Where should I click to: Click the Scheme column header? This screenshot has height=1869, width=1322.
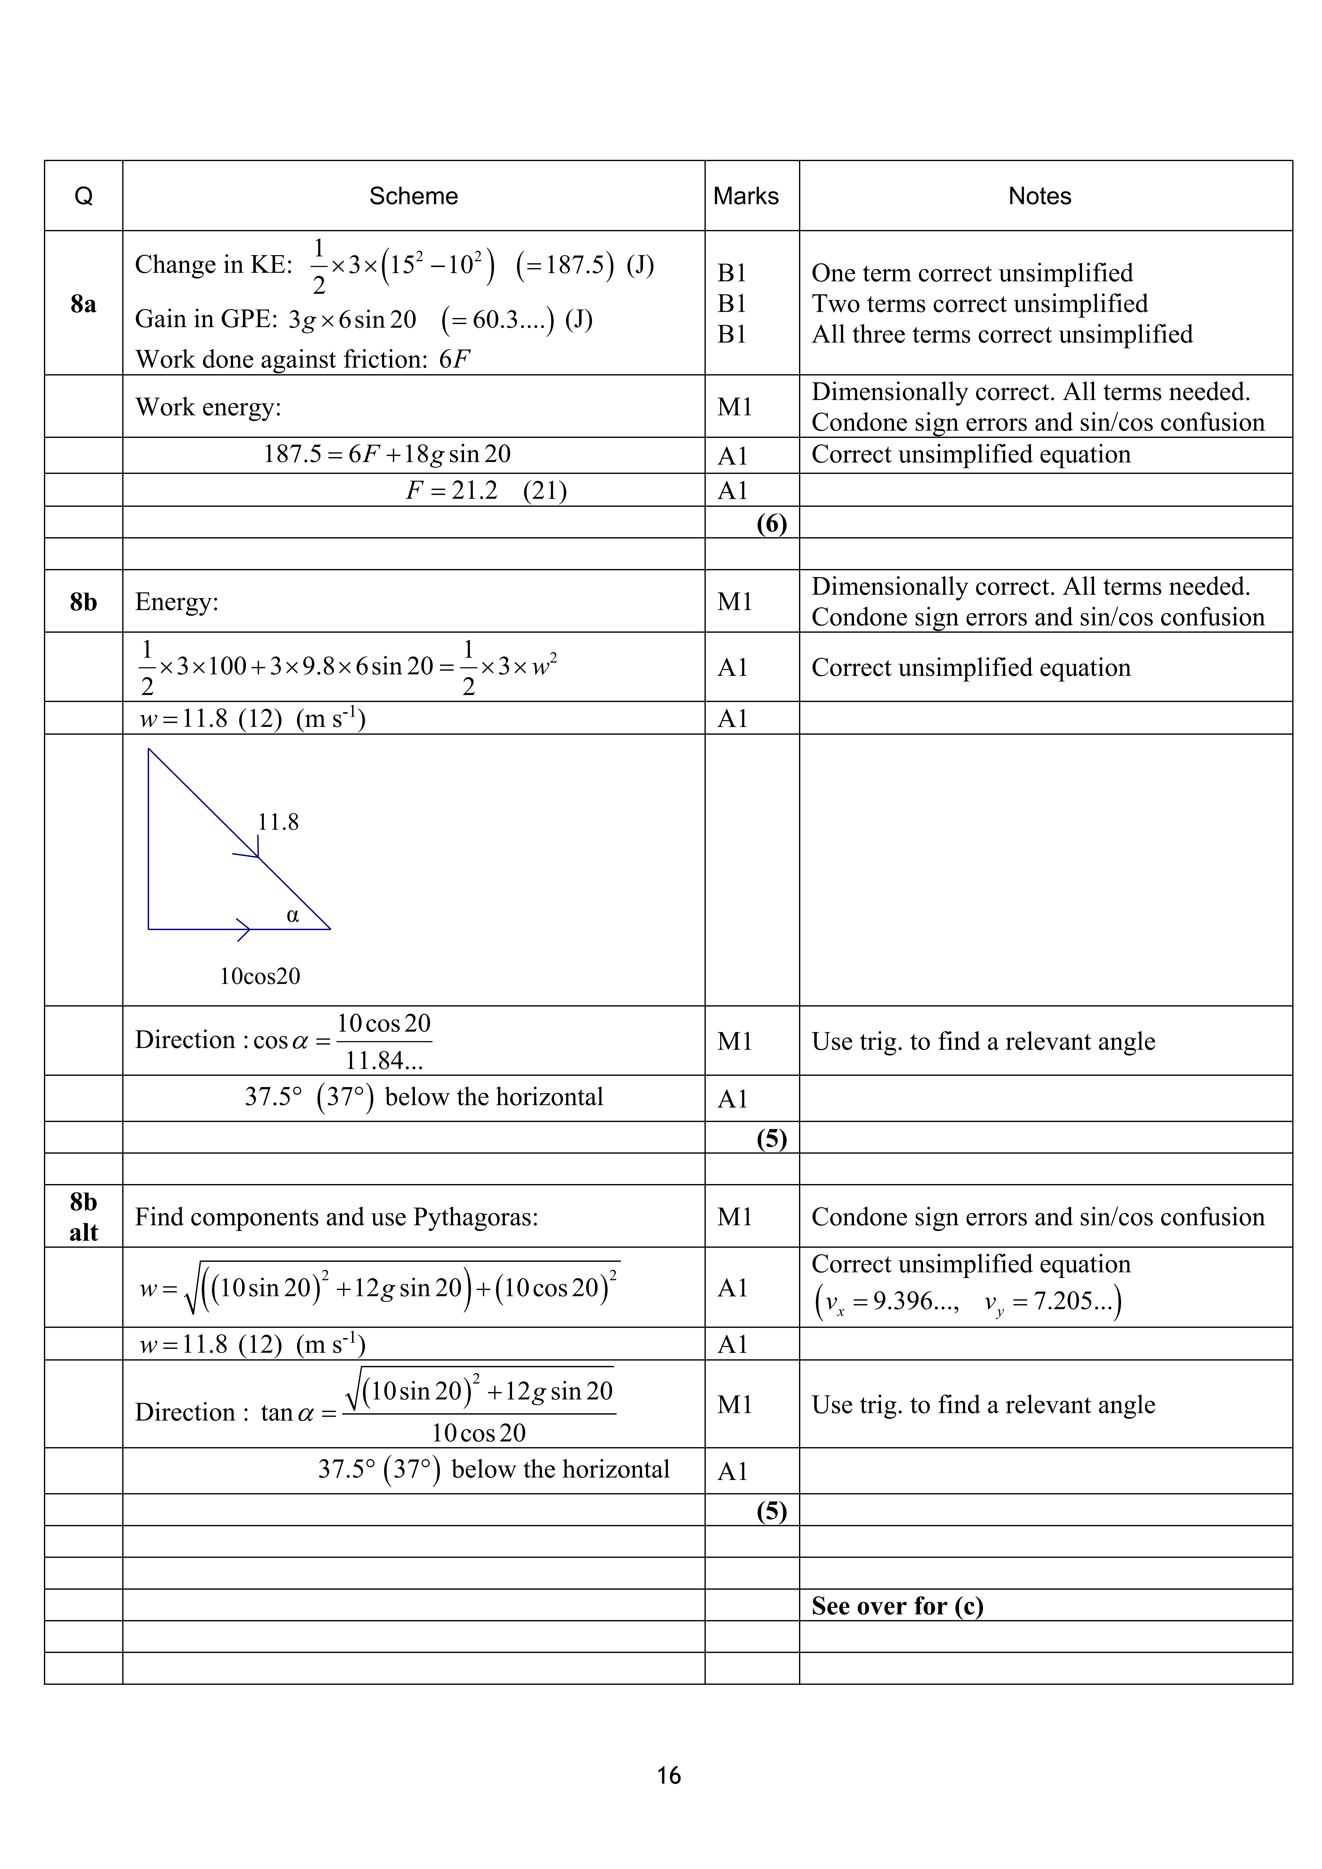point(413,196)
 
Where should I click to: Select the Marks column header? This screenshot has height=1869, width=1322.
point(746,196)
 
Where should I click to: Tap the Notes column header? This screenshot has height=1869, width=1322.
point(1039,196)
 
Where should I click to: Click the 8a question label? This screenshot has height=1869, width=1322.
point(83,304)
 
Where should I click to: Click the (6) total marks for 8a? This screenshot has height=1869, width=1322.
point(771,523)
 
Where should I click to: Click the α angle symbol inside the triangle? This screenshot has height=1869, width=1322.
point(293,915)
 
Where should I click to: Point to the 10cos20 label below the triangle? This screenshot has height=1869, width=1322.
point(260,976)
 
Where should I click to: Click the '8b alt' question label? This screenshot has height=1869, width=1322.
point(83,1217)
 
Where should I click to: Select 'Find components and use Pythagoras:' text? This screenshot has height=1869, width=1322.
point(336,1217)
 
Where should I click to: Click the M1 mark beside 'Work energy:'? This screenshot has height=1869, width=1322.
point(734,406)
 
